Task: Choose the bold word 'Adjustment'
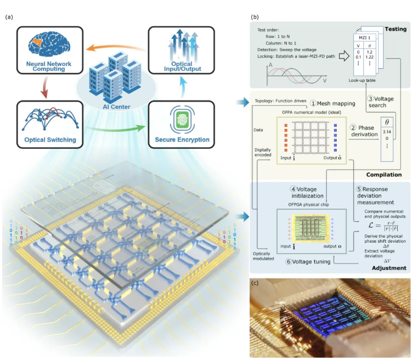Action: [388, 268]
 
